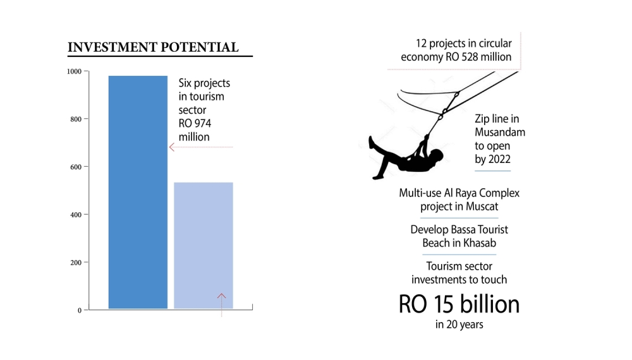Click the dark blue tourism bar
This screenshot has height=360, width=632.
[x=138, y=192]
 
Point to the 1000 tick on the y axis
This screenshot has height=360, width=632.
[x=74, y=71]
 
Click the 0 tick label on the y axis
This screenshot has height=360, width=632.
[x=79, y=310]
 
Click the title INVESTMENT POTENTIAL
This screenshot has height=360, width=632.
[x=153, y=47]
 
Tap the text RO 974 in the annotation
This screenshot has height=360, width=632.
[x=194, y=124]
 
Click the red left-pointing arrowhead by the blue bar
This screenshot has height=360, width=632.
[x=171, y=147]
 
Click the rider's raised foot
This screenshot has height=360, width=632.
[x=372, y=141]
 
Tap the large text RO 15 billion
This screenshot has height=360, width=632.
[x=459, y=304]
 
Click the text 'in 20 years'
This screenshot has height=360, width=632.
[x=458, y=325]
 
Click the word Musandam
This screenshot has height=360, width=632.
[x=500, y=132]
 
